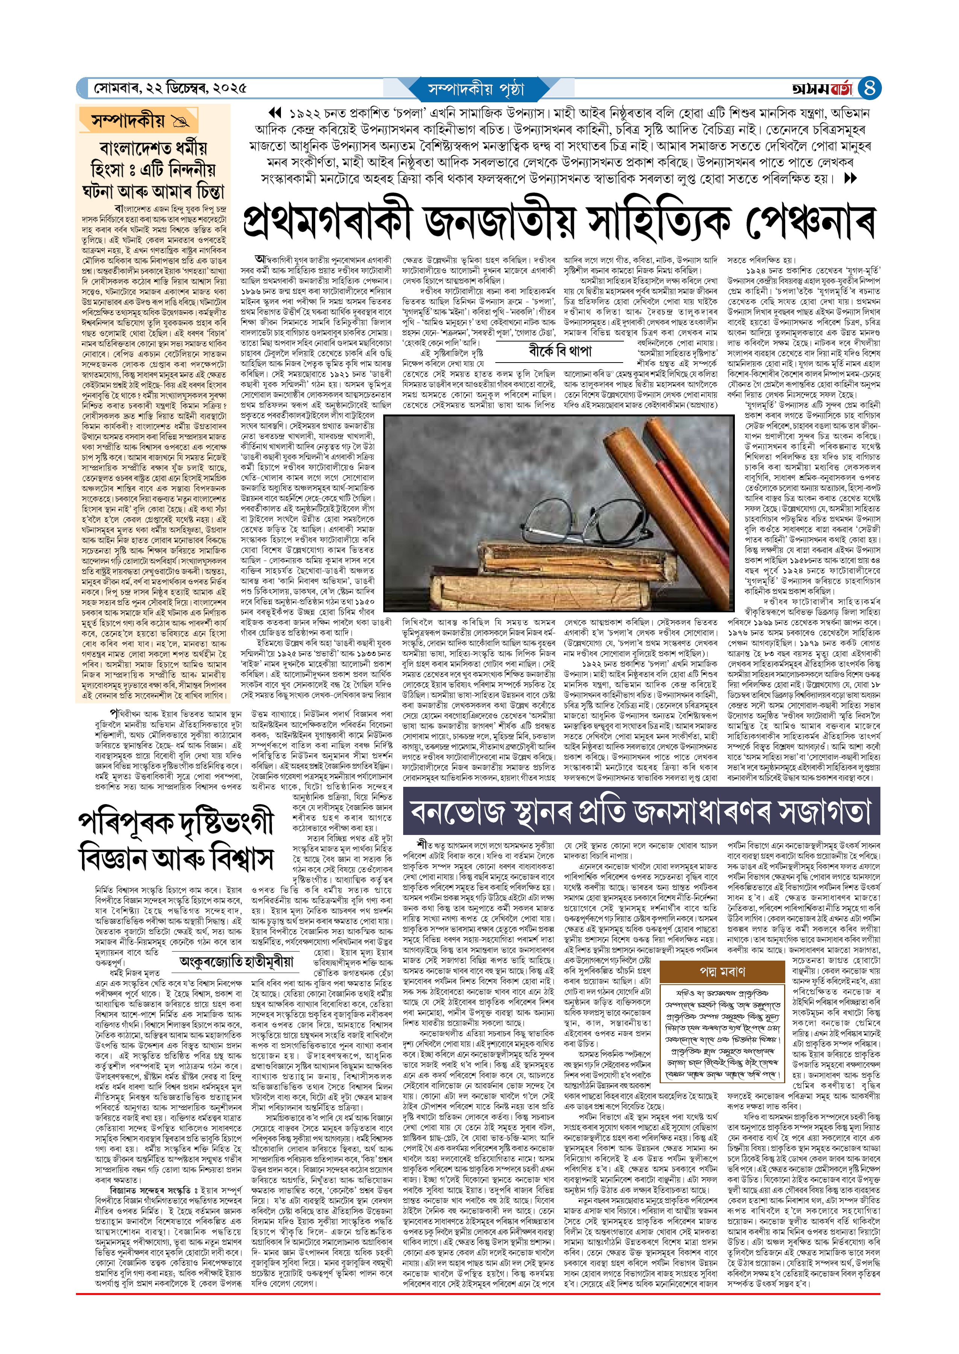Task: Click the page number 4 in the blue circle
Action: pyautogui.click(x=869, y=88)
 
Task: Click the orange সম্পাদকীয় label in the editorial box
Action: pyautogui.click(x=128, y=121)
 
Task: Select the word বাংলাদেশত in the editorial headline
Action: pyautogui.click(x=137, y=147)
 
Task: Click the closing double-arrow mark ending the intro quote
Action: pyautogui.click(x=850, y=178)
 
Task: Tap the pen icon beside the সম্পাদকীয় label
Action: pyautogui.click(x=179, y=122)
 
